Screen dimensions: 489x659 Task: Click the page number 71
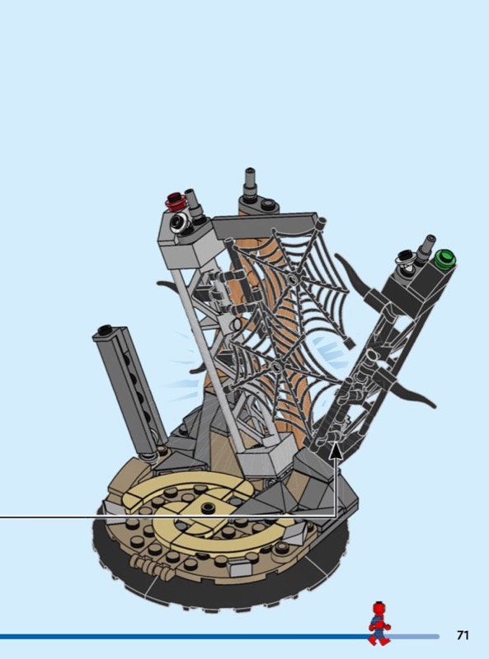[x=463, y=635]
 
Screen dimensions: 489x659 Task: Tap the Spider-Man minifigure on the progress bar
[x=379, y=624]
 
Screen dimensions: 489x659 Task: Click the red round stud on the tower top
[x=176, y=202]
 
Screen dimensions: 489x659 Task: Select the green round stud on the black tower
[x=445, y=257]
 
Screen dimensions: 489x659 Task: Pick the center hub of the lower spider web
[x=276, y=367]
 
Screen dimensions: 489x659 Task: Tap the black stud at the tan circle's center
[x=208, y=507]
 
